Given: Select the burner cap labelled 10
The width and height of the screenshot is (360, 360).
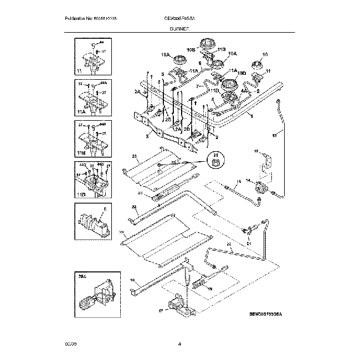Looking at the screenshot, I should [257, 64].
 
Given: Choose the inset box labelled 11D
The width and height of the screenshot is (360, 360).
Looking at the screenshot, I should [90, 180].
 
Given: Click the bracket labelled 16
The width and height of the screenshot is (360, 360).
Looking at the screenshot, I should [267, 161].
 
